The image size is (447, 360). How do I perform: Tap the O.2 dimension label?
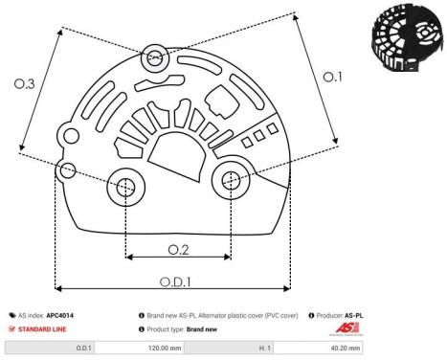(177, 250)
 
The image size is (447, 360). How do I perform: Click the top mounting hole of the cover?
(154, 59)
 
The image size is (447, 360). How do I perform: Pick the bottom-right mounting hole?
(231, 178)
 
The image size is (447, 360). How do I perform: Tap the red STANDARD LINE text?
(46, 328)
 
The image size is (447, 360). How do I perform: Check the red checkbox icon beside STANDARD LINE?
(12, 328)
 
